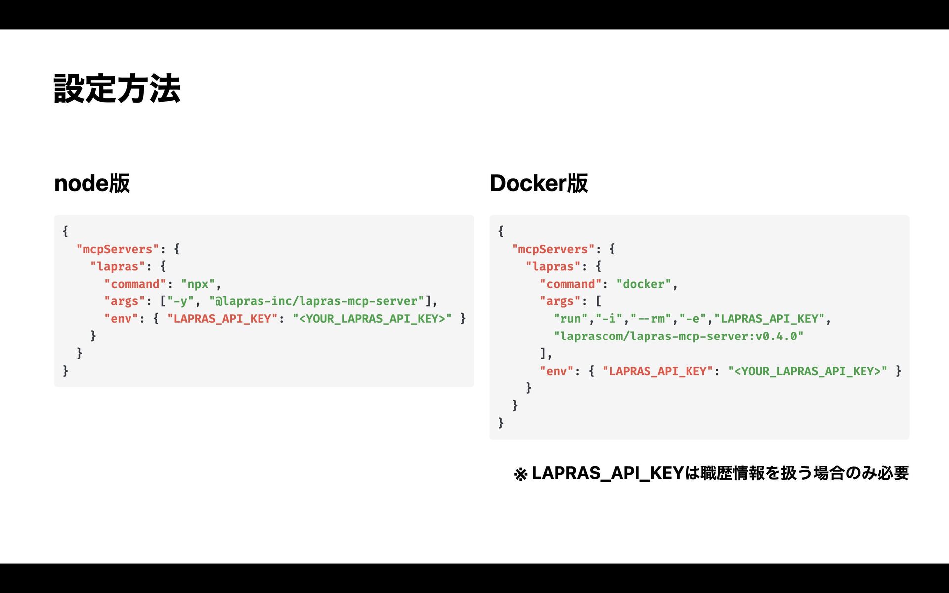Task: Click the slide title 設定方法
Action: (117, 89)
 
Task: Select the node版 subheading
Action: (92, 183)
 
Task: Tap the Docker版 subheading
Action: (539, 183)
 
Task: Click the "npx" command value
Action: (198, 284)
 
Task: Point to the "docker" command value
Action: (644, 284)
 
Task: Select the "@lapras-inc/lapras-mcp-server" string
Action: (316, 301)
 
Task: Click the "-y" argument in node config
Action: (180, 301)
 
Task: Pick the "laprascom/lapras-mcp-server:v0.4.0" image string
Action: (678, 337)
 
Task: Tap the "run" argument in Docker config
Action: (570, 319)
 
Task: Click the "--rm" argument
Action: (650, 319)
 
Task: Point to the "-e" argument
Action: (692, 319)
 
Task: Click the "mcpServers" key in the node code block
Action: (118, 249)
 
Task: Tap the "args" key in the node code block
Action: (125, 301)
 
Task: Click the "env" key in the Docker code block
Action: (556, 371)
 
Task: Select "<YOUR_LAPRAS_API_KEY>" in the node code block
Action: (372, 319)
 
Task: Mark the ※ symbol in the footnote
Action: (520, 474)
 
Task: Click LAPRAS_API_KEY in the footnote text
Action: (608, 473)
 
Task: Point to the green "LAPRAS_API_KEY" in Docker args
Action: (770, 319)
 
